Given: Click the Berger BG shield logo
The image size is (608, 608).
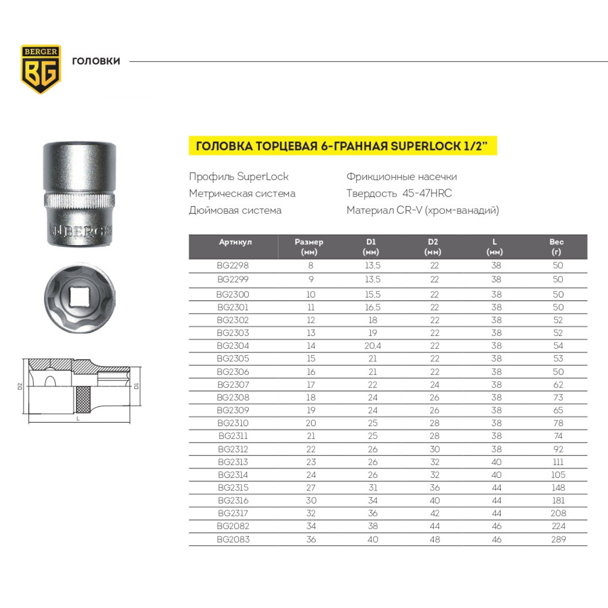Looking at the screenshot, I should pos(41,69).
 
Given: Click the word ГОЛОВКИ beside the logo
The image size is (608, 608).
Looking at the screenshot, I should pos(96,61).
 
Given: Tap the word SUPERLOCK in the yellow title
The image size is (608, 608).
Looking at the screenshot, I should pos(425,146).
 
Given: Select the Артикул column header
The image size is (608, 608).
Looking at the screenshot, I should pos(235,242).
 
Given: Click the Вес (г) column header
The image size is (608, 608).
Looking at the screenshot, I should pos(556,247).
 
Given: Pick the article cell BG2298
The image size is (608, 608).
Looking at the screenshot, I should pos(233,265).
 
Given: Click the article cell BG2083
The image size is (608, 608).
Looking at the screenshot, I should pos(233,540).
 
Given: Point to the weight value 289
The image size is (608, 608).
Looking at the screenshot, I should pos(558,540).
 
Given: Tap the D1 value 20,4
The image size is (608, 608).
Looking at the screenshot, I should pos(372,346).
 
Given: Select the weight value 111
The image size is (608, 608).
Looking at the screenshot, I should pos(558,462).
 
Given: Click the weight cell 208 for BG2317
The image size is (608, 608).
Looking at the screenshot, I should pos(558,513).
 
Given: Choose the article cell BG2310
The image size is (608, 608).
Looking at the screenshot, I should pos(233,423).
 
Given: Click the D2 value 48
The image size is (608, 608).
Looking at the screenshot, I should pos(435,540).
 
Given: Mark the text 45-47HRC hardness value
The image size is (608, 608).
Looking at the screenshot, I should pos(427,194).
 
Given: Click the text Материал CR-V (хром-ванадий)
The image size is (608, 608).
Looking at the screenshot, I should pos(423,210).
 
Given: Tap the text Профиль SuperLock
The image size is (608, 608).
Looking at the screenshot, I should pos(239,177).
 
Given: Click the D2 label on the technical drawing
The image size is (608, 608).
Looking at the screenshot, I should pos(20,387).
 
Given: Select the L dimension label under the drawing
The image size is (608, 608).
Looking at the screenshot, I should pos(78,419).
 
